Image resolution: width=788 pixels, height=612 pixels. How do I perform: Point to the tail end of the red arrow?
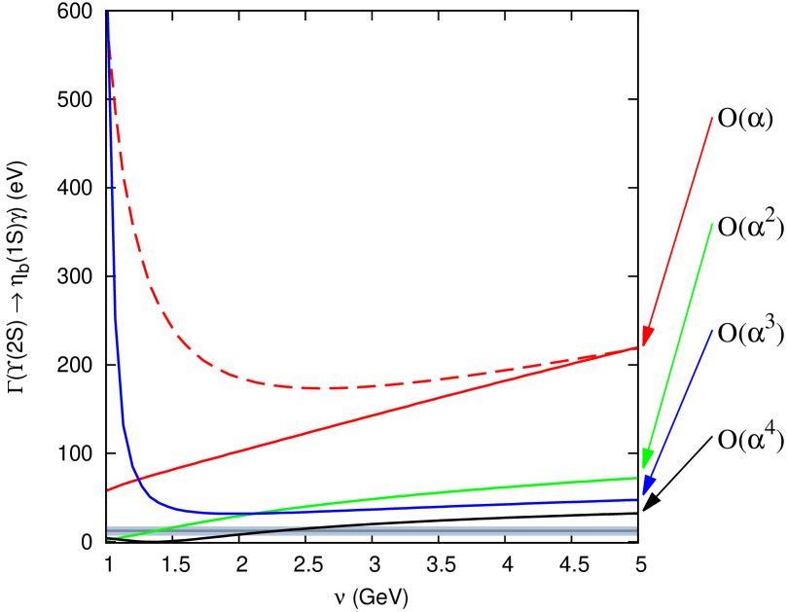coord(713,117)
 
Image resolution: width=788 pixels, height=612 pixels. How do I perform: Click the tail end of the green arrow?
coord(713,223)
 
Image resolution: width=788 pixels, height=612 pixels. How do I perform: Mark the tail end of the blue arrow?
coord(713,329)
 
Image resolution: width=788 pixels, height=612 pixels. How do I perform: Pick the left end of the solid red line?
coord(108,490)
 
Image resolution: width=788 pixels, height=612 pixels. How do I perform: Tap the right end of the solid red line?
coord(637,347)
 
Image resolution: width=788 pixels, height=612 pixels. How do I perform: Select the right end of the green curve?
coord(637,478)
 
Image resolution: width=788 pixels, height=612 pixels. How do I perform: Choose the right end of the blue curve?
coord(637,499)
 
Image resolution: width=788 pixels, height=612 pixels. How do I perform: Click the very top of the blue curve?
coord(107,13)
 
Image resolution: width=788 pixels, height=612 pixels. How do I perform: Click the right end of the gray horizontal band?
coord(636,531)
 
